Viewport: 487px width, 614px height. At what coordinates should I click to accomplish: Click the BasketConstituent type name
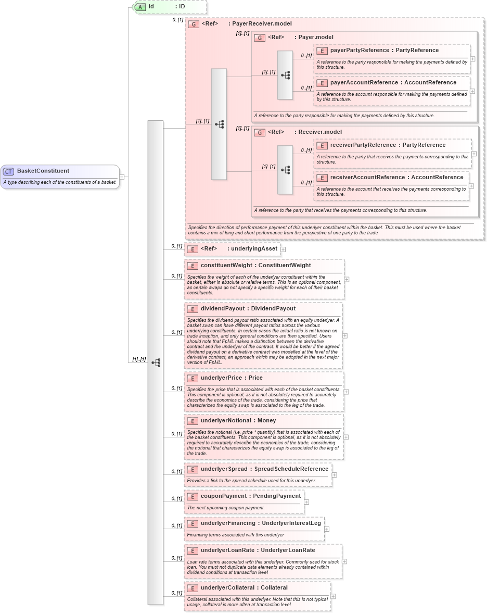pos(43,171)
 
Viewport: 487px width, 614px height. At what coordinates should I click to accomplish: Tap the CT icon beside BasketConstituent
pos(9,171)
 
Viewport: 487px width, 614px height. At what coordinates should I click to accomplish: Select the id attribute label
pos(151,7)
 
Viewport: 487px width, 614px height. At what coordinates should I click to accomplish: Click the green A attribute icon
pos(140,7)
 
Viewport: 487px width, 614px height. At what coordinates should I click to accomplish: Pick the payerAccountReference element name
pos(364,83)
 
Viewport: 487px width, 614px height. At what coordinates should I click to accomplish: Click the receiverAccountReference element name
pos(367,178)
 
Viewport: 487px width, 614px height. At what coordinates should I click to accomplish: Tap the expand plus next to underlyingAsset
pos(283,249)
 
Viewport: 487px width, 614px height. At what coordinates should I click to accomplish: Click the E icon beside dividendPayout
pos(193,309)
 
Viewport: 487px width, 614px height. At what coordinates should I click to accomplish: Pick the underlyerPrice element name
pos(221,378)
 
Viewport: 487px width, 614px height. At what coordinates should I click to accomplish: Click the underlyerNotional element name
pos(226,421)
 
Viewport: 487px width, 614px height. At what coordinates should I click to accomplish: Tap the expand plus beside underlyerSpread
pos(335,475)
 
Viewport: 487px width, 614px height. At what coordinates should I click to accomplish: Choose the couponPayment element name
pos(224,496)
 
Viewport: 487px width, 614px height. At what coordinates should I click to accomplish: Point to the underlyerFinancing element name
pos(228,523)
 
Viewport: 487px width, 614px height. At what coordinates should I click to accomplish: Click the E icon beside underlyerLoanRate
pos(193,550)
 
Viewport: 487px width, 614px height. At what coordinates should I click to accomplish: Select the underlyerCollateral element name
pos(227,588)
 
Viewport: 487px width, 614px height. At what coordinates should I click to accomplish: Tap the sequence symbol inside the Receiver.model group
pos(285,170)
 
